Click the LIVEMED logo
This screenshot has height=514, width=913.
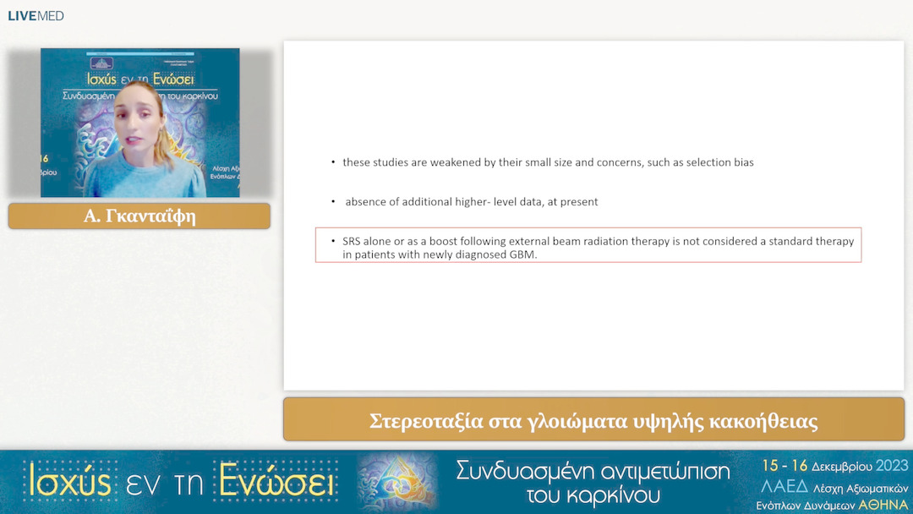pyautogui.click(x=36, y=16)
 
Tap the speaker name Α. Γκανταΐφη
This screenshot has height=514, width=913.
pyautogui.click(x=139, y=216)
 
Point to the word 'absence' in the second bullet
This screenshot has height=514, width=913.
pyautogui.click(x=365, y=202)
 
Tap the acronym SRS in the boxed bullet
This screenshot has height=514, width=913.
pyautogui.click(x=353, y=242)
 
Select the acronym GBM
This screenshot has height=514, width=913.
pyautogui.click(x=522, y=254)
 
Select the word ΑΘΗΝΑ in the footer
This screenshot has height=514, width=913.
pyautogui.click(x=883, y=505)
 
